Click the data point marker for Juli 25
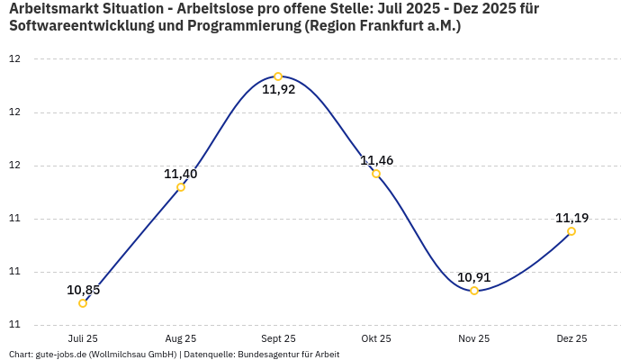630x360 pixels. [x=83, y=303]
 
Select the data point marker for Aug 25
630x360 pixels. [x=181, y=187]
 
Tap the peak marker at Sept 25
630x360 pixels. [x=278, y=76]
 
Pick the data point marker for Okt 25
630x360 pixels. [x=376, y=174]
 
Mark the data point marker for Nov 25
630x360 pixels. [x=474, y=291]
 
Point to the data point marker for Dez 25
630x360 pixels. [x=571, y=231]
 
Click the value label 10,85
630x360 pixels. [x=83, y=290]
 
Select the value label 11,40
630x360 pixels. [x=180, y=174]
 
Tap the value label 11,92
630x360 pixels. [x=278, y=90]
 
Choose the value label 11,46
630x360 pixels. [x=376, y=160]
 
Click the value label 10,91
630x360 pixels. [x=473, y=277]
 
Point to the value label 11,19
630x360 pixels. [x=571, y=218]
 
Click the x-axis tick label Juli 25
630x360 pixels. [x=83, y=338]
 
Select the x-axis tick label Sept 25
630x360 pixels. [x=278, y=338]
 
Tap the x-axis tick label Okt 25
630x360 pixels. [x=376, y=338]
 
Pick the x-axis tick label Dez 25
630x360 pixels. [x=571, y=338]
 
